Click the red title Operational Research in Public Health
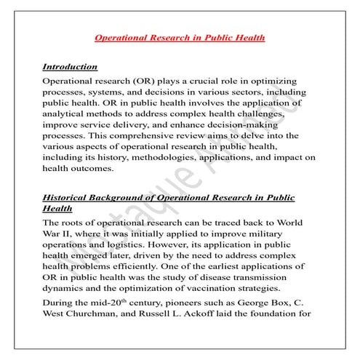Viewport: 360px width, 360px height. tap(180, 36)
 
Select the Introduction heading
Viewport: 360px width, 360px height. tap(70, 66)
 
